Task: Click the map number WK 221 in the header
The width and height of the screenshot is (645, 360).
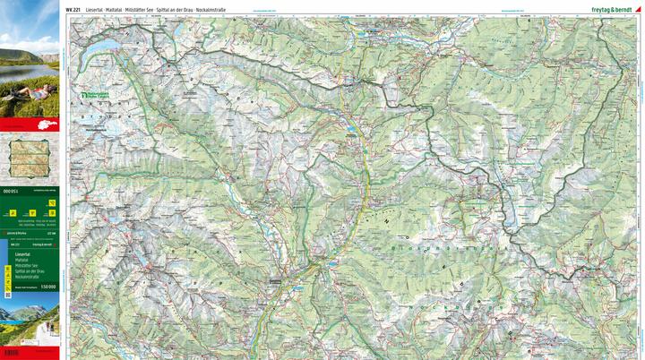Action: click(x=74, y=8)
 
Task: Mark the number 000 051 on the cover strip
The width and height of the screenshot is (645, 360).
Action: click(x=11, y=191)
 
